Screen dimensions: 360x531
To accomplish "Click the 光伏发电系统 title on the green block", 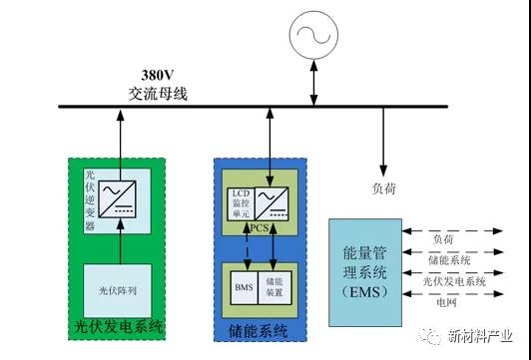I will tap(119, 326).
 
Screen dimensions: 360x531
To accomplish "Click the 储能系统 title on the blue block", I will tap(259, 329).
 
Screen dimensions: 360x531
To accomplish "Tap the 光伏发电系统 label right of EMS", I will tap(453, 282).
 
